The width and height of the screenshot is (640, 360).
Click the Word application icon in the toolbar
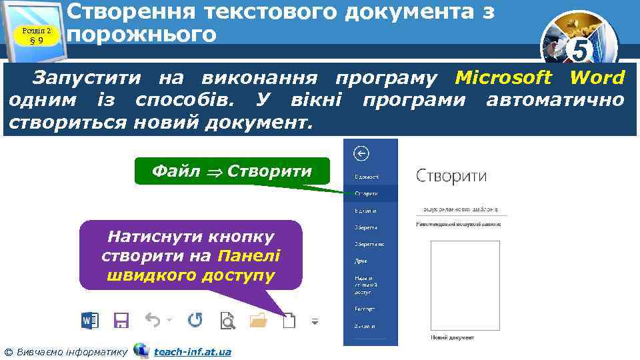tap(89, 321)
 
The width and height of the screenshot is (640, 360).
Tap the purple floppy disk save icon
tap(121, 321)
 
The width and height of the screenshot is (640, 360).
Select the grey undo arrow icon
tap(153, 321)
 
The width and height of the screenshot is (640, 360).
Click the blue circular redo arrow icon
tap(195, 321)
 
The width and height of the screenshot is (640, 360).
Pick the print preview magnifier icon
tap(228, 321)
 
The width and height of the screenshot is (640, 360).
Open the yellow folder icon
tap(258, 321)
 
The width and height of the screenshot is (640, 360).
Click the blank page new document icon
tap(289, 321)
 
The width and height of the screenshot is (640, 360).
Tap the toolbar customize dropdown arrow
tap(315, 321)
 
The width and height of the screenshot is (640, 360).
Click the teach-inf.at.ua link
tap(193, 351)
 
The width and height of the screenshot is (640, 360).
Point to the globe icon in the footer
tap(141, 350)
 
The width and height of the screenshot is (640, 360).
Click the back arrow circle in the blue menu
tap(361, 154)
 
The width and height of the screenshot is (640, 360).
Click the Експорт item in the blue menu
tap(365, 309)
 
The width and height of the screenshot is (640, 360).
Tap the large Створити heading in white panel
tap(451, 177)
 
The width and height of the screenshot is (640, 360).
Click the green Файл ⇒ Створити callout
tap(231, 171)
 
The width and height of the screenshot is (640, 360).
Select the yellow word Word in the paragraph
tap(597, 78)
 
